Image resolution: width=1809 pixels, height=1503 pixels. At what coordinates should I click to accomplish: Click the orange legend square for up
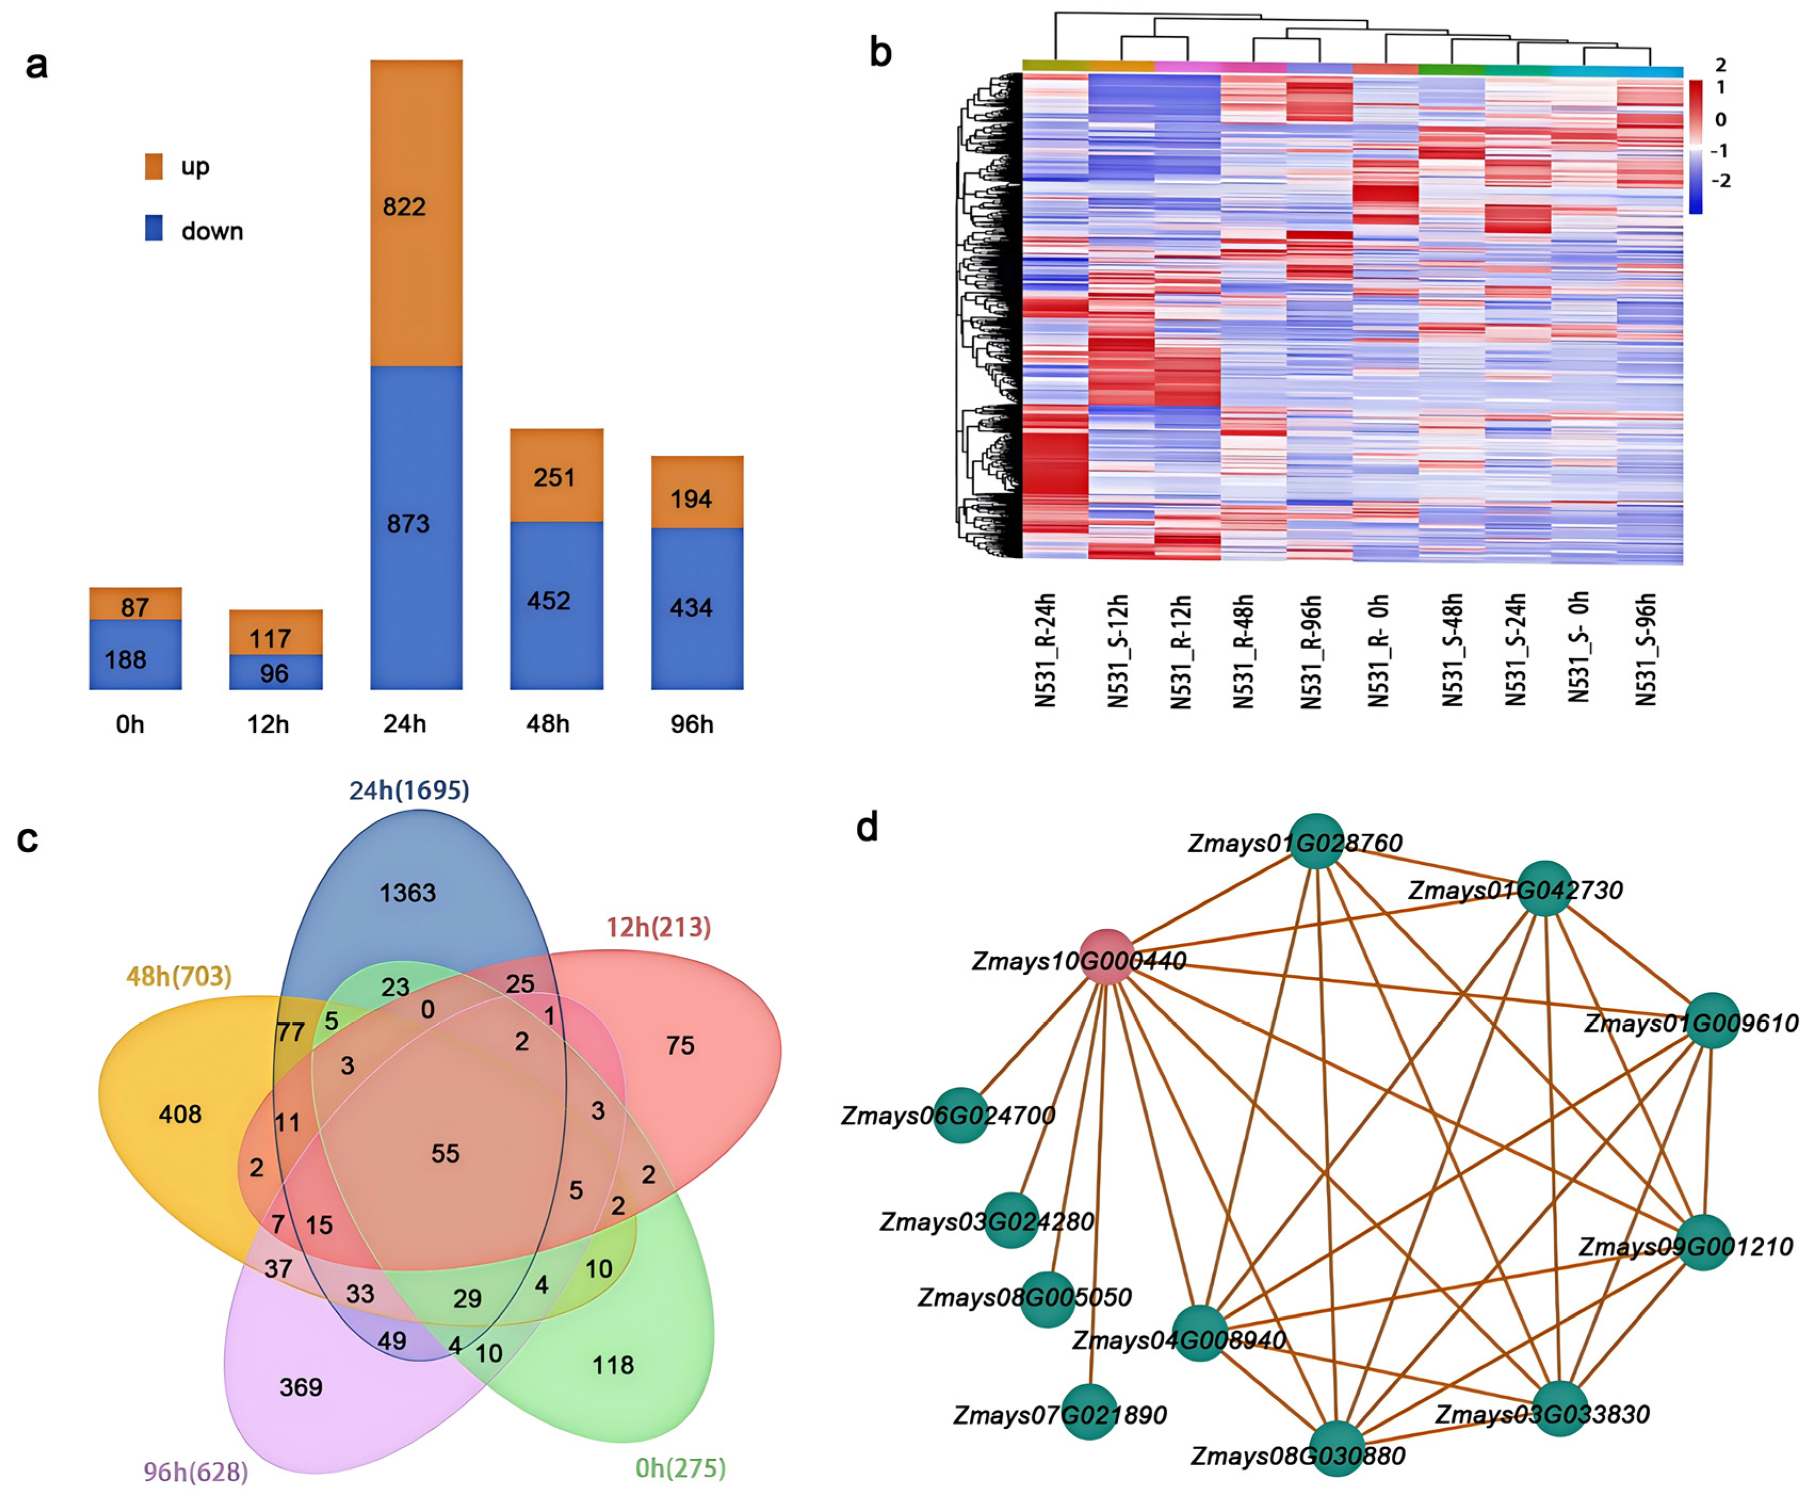tap(154, 166)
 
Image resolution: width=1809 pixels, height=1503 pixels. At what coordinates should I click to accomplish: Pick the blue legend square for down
tap(154, 228)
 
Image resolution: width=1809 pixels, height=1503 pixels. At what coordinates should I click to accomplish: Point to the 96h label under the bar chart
tap(692, 724)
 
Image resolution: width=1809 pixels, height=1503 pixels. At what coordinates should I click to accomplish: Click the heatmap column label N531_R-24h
tap(1045, 651)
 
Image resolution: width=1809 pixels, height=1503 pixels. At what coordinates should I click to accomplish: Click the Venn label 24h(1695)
tap(409, 790)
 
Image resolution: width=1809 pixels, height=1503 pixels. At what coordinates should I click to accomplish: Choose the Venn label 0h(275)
tap(680, 1468)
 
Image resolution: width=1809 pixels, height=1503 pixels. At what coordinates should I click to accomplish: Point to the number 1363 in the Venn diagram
tap(408, 893)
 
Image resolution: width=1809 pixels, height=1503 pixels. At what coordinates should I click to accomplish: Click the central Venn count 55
tap(445, 1154)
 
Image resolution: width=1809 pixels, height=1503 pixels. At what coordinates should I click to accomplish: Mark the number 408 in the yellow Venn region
tap(180, 1114)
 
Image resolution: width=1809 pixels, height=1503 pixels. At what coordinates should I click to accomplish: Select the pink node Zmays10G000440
tap(1107, 957)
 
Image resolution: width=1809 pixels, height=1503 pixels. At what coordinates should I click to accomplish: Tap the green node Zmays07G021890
tap(1089, 1412)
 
